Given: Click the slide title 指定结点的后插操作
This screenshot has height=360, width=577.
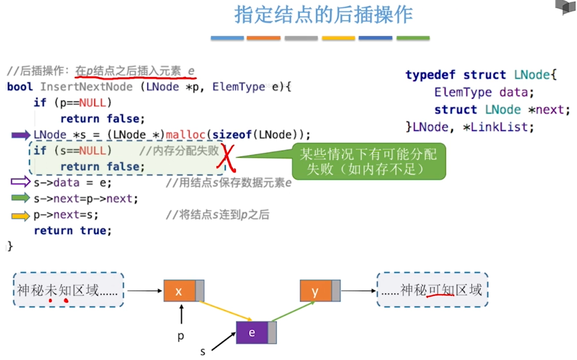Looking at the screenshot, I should tap(323, 15).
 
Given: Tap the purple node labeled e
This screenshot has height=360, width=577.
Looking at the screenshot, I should tap(252, 332).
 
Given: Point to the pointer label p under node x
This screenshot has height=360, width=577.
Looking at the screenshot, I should tap(181, 336).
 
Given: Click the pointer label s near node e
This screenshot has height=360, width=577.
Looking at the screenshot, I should tap(203, 351).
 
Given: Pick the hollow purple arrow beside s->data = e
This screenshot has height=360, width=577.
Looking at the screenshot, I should tap(20, 182).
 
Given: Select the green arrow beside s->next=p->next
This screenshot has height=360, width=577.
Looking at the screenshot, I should tap(20, 198).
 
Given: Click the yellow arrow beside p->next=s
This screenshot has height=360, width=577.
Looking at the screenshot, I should tap(20, 216).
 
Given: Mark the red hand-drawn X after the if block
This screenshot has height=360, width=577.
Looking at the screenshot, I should tap(226, 157).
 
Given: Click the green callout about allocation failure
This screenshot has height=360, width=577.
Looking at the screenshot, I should tap(368, 161).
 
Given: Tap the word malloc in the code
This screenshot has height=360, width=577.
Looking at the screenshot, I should tap(185, 135).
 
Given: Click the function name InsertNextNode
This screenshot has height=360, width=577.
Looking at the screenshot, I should tap(87, 87).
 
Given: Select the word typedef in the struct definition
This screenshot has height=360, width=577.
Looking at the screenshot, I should tap(430, 75).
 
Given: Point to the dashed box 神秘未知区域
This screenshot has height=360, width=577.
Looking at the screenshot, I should tap(68, 290).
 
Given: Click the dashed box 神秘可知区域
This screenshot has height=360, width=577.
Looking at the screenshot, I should tap(433, 290).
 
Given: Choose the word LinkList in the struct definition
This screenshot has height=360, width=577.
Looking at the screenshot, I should tap(499, 127).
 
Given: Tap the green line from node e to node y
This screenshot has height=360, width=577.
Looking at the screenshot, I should tap(293, 311).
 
